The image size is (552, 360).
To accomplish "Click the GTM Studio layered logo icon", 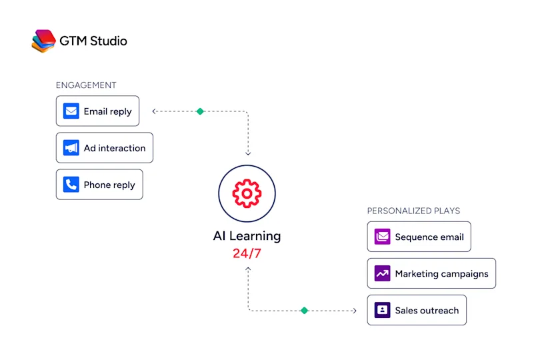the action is [x=43, y=41].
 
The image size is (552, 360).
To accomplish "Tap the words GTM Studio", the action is [x=93, y=41].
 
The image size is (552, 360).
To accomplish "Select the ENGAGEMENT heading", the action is [x=86, y=85].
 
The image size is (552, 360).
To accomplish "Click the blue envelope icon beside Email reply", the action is [x=71, y=111].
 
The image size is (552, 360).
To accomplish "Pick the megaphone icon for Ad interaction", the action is [x=71, y=148].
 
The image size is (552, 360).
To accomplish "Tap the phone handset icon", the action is [x=71, y=185].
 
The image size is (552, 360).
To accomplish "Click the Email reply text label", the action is [x=108, y=111].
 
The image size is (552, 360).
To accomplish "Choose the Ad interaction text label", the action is [x=115, y=148].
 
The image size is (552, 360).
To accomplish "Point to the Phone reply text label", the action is [x=109, y=185].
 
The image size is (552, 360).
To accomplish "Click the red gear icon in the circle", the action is [x=247, y=193].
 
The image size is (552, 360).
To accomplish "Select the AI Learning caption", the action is [x=247, y=236].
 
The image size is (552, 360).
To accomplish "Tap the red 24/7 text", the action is [x=247, y=253].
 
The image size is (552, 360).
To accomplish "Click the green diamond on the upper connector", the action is [x=200, y=111].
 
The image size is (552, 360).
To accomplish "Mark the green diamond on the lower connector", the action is [x=305, y=311].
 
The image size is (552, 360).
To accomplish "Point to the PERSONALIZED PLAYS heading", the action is [x=413, y=211].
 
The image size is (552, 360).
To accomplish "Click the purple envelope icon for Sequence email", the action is [x=382, y=237].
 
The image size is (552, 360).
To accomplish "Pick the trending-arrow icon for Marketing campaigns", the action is [x=382, y=273].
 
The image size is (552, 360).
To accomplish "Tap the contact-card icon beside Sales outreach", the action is [x=382, y=310].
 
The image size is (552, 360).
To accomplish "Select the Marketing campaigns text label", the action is [x=441, y=274].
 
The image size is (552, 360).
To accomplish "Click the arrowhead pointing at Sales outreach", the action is [x=355, y=311].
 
